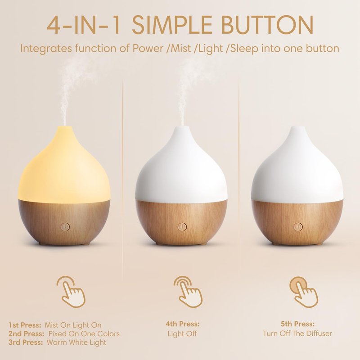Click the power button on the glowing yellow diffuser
coord(65,227)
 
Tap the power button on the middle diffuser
coord(182,227)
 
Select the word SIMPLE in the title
coord(172,25)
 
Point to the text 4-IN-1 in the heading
coord(85,25)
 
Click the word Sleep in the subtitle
coord(244,49)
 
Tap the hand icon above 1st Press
coord(71,292)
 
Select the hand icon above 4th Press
coord(188,292)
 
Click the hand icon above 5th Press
coord(304,292)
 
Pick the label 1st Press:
coord(25,325)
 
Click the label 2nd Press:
coord(27,333)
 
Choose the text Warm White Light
coord(76,342)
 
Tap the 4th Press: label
coord(183,324)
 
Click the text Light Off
coord(182,333)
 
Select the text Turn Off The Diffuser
coord(297,333)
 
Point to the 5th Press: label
coord(298,324)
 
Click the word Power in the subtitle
coord(146,49)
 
